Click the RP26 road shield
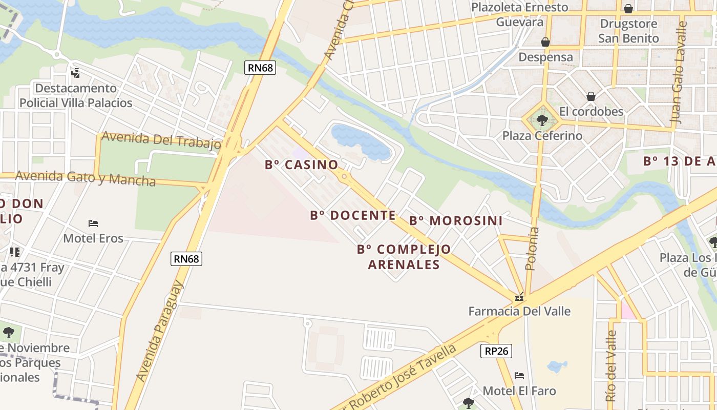coord(496,351)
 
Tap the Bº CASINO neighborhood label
coord(302,165)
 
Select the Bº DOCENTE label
coord(353,215)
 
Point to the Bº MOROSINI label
coord(456,221)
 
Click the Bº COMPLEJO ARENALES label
coord(404,257)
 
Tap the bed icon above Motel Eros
coord(93,223)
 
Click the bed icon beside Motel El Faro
coord(519,376)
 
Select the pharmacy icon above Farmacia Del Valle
coord(519,297)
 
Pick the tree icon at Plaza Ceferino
coord(542,121)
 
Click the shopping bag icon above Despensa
coord(545,42)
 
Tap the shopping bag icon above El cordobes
coord(591,96)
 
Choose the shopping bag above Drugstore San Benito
coord(628,9)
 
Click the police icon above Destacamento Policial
coord(76,73)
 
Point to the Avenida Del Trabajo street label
coord(161,140)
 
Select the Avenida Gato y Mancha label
coord(86,178)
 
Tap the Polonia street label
coord(533,249)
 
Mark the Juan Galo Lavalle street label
coord(679,72)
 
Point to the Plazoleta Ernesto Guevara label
coord(520,14)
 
